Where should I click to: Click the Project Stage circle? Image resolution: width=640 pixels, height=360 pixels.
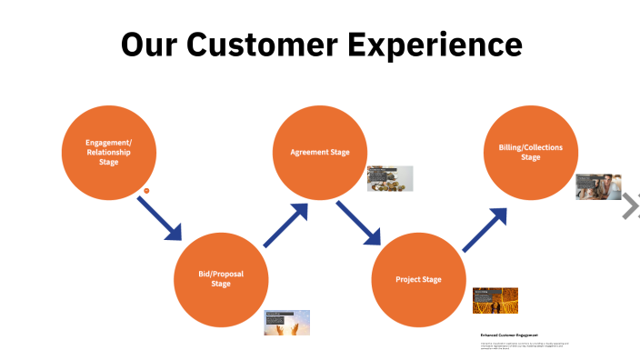418,279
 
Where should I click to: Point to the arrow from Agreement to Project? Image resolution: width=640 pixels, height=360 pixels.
358,224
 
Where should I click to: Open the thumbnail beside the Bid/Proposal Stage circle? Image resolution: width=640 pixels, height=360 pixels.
287,323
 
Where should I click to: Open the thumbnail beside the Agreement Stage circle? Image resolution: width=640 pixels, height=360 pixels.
390,178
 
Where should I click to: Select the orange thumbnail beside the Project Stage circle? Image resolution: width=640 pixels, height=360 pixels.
495,301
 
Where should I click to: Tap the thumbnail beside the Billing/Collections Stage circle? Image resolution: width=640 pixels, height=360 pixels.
598,186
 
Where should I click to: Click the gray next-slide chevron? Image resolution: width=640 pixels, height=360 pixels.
630,206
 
